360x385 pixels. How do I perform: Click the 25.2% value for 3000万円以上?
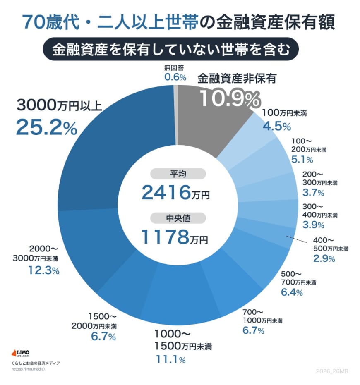click(x=46, y=127)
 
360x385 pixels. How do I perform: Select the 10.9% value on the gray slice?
click(x=230, y=98)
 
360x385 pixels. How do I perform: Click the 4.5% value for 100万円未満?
click(x=277, y=126)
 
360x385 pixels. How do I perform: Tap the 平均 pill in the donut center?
click(x=178, y=174)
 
